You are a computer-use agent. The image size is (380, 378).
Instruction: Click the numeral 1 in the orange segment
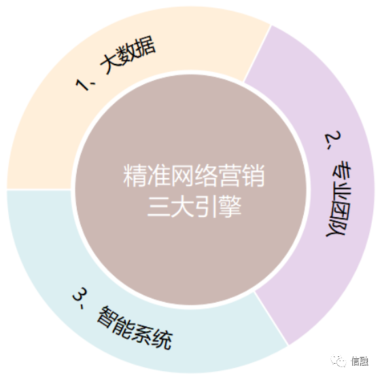[x=82, y=84]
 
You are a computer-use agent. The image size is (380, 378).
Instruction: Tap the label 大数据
[x=128, y=55]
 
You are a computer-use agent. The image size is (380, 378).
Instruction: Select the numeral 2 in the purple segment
[x=332, y=138]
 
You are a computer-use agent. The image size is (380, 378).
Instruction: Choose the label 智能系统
[x=135, y=328]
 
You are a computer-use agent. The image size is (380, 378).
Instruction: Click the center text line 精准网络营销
[x=194, y=176]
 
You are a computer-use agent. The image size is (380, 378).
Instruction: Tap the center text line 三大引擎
[x=194, y=206]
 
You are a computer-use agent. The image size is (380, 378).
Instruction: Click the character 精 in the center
[x=135, y=176]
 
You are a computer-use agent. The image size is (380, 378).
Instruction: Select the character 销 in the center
[x=254, y=176]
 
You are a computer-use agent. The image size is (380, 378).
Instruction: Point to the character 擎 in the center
[x=230, y=206]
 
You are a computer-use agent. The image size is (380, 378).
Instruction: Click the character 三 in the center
[x=158, y=206]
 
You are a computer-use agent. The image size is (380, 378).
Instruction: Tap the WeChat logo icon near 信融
[x=339, y=361]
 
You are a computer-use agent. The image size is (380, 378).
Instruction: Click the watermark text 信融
[x=360, y=362]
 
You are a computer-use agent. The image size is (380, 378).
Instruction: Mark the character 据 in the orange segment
[x=145, y=46]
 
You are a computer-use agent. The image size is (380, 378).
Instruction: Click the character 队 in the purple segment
[x=336, y=228]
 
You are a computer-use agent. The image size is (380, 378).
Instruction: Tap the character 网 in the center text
[x=182, y=176]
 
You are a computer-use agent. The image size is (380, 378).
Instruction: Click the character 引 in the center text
[x=206, y=206]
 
